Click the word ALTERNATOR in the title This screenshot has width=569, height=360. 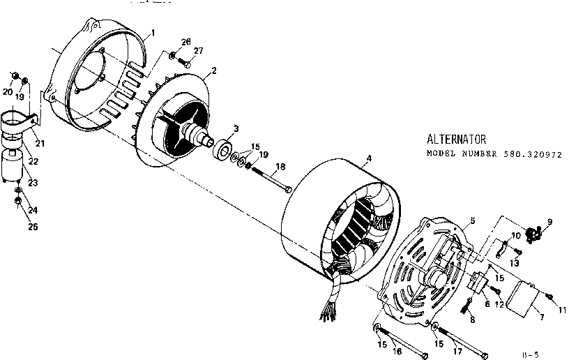coord(456,140)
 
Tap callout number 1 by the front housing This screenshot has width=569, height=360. coord(153,33)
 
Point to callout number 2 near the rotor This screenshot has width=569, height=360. coord(213,70)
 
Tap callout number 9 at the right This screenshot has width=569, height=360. coord(549,222)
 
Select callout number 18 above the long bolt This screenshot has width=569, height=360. coord(280,166)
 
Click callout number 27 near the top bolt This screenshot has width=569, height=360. coord(198,51)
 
